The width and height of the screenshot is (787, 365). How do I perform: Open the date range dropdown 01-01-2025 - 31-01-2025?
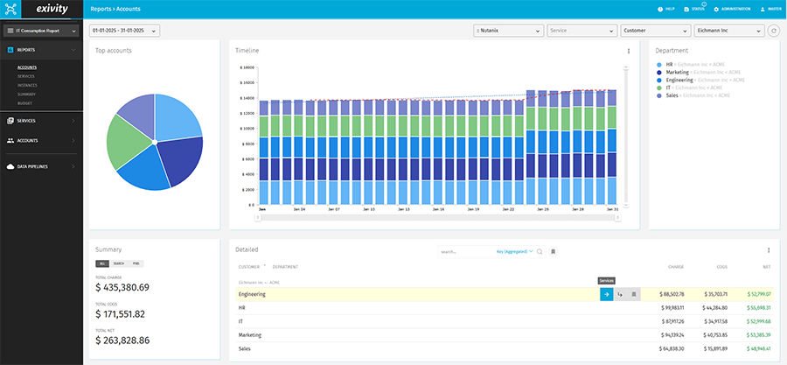[124, 31]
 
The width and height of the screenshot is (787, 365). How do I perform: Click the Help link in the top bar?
[666, 9]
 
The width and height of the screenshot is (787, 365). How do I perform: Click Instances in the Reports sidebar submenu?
[26, 85]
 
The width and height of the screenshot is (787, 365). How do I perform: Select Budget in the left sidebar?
[24, 102]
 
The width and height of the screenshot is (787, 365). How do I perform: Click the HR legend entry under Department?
[669, 64]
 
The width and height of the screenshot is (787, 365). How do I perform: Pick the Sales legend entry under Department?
[672, 95]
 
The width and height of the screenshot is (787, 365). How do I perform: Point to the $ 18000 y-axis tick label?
[246, 67]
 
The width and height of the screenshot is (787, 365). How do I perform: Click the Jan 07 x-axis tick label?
[334, 210]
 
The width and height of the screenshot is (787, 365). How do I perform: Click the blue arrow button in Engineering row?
[606, 294]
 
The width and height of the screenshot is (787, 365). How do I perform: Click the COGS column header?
[722, 266]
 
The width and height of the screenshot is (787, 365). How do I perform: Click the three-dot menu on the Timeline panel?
[628, 52]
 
